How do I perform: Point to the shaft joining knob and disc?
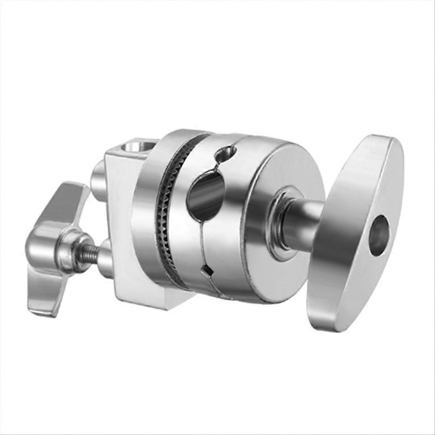click(x=303, y=221)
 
